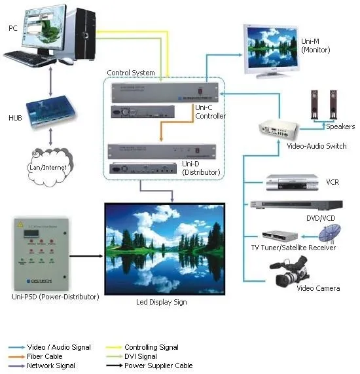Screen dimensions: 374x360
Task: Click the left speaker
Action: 314,103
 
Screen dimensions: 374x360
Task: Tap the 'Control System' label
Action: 131,73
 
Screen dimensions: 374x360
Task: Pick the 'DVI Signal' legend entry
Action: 141,356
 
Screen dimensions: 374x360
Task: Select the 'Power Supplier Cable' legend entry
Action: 158,365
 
